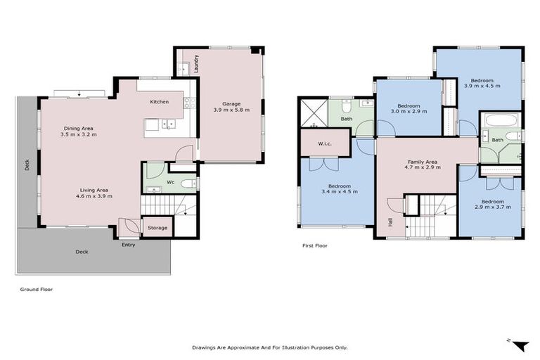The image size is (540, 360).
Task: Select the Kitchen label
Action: pos(160,102)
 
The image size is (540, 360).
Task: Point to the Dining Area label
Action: pos(78,128)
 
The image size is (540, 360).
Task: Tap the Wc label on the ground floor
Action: pos(171,182)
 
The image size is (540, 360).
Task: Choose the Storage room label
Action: pos(157,228)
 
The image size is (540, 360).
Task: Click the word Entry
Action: pos(128,245)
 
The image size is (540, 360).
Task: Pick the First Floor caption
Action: pos(315,246)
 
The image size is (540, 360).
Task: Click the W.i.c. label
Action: pos(324,145)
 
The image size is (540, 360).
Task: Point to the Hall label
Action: pos(391,222)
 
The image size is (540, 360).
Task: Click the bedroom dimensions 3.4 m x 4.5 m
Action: pos(335,192)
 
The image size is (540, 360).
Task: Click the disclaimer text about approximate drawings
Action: pos(270,347)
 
